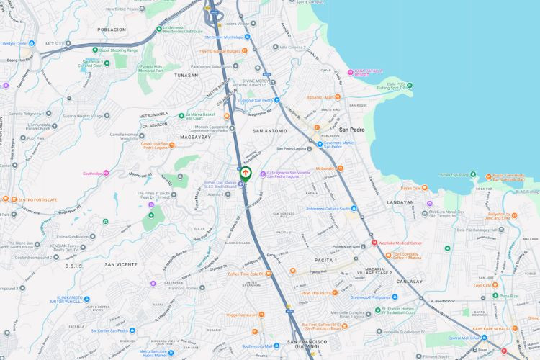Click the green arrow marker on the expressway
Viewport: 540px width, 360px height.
click(246, 173)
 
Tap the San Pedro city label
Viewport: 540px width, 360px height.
click(354, 130)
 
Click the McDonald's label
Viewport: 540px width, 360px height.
click(325, 168)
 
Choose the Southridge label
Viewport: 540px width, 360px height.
click(92, 173)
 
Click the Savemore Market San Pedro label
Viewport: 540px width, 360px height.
click(337, 145)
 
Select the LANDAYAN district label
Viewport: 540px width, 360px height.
click(400, 202)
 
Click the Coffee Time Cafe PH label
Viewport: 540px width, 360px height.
click(248, 274)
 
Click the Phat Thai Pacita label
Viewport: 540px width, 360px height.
click(319, 292)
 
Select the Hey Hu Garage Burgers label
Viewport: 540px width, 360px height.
click(219, 51)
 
